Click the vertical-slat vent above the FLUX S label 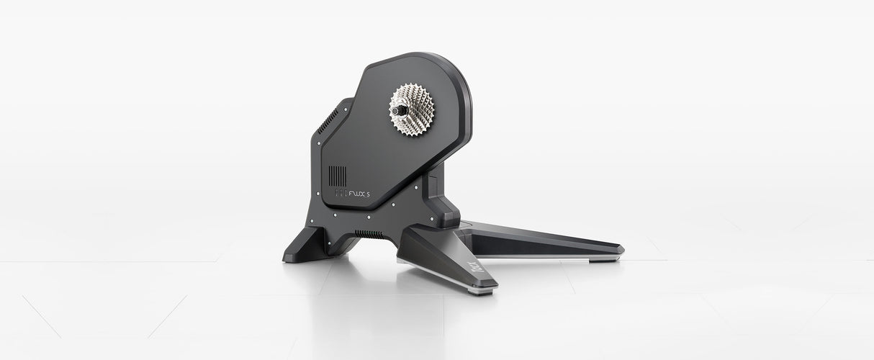pos(338,176)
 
